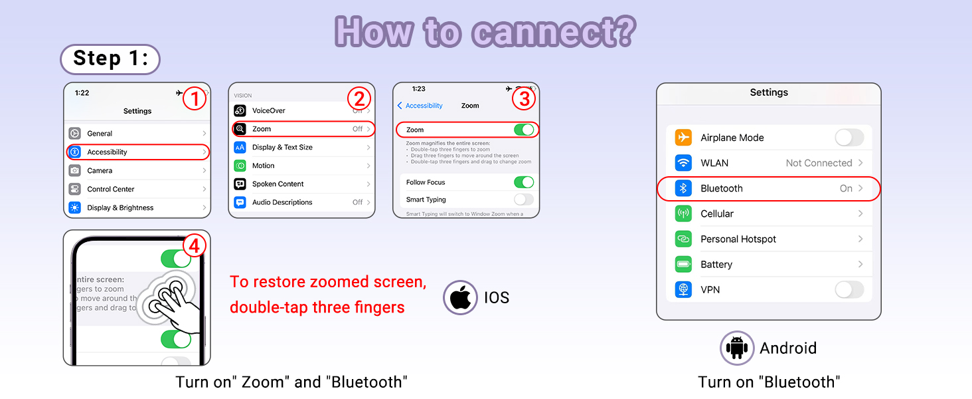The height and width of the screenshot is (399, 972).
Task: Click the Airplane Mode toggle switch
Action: (849, 138)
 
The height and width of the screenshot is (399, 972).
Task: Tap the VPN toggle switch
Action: (849, 290)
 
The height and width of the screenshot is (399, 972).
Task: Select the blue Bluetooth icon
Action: (683, 188)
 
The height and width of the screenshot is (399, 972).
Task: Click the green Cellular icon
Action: (683, 213)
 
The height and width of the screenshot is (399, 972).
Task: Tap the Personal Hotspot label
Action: (738, 239)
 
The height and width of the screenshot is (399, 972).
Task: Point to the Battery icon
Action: (683, 264)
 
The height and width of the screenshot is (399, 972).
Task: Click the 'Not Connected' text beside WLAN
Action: (819, 163)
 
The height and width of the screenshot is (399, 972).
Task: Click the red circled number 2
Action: (359, 99)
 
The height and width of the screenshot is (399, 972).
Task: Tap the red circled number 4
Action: (194, 246)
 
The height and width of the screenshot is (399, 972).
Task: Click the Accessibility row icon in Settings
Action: (75, 152)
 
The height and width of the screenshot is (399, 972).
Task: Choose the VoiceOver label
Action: (268, 110)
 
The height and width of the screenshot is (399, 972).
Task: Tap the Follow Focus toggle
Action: (523, 182)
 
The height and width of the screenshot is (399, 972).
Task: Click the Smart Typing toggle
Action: (523, 199)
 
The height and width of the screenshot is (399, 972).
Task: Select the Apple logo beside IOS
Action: (460, 297)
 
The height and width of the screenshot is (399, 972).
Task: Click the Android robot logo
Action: (737, 348)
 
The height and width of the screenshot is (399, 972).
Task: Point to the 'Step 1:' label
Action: (110, 59)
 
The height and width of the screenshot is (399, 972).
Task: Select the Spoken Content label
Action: (278, 184)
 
